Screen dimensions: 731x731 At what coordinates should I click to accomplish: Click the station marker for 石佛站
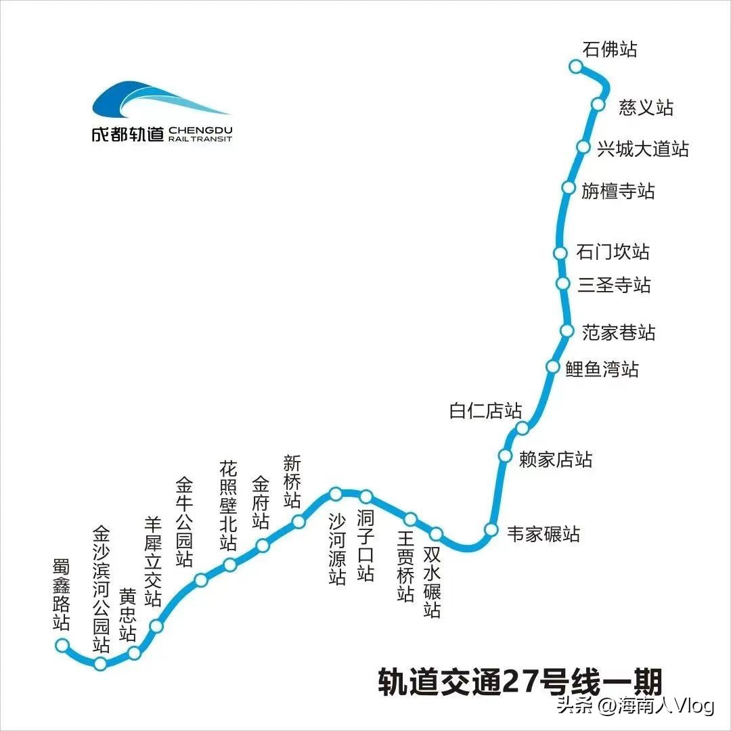click(x=575, y=66)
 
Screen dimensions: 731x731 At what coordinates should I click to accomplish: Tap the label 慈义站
click(x=646, y=107)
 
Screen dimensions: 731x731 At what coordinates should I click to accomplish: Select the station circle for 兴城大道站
click(x=583, y=147)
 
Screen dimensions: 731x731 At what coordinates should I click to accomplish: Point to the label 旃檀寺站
click(x=618, y=190)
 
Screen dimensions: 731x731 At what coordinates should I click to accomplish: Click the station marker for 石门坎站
click(x=560, y=252)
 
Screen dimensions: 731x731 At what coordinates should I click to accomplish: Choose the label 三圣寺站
click(x=614, y=284)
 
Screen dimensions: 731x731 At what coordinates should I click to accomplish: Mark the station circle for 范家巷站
click(x=567, y=330)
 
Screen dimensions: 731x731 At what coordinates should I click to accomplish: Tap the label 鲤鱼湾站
click(x=602, y=369)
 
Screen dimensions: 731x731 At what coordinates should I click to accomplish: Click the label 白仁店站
click(x=485, y=411)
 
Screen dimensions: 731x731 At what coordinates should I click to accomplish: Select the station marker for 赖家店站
click(x=505, y=456)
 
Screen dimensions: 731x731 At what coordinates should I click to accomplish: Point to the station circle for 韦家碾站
click(x=491, y=529)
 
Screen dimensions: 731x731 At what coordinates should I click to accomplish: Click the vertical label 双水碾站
click(x=432, y=582)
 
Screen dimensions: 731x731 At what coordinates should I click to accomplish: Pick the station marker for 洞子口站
click(x=365, y=497)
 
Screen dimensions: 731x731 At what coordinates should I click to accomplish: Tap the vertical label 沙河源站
click(x=337, y=548)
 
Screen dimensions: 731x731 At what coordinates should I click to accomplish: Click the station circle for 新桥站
click(x=298, y=521)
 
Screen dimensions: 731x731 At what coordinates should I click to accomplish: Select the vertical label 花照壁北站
click(x=228, y=505)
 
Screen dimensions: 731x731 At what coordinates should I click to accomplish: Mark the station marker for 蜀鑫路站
click(x=62, y=644)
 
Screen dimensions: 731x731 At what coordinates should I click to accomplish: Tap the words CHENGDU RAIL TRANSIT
click(x=200, y=133)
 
